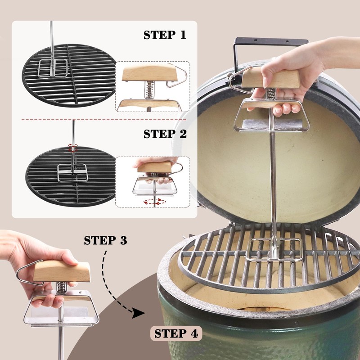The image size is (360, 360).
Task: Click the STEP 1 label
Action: [165, 35]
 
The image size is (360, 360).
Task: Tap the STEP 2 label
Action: [165, 134]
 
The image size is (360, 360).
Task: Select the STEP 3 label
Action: [105, 240]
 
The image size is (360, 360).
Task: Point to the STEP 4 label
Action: [176, 333]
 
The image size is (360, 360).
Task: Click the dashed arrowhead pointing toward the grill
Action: [138, 313]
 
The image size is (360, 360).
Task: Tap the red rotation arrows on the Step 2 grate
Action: [73, 148]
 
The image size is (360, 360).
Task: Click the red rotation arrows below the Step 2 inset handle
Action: [154, 202]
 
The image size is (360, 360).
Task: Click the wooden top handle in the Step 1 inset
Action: [150, 72]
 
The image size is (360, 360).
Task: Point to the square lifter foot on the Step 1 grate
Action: [53, 68]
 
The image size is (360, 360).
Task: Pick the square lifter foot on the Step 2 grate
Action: [72, 173]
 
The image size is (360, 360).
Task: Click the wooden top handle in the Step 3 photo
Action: [62, 271]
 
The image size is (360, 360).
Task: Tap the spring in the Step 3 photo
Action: [61, 287]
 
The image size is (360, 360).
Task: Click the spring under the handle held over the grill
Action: [271, 93]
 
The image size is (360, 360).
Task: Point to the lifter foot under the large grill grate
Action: [274, 250]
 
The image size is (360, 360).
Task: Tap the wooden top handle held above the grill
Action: [271, 79]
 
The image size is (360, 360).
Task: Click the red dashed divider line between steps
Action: [104, 120]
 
